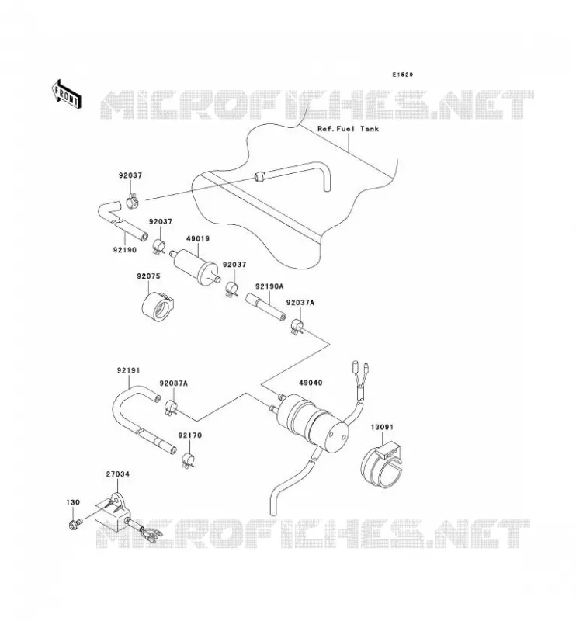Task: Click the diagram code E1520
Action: tap(402, 75)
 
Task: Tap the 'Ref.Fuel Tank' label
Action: tap(348, 129)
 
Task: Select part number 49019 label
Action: tap(198, 239)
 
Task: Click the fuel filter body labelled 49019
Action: tap(195, 265)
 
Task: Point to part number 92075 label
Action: tap(148, 276)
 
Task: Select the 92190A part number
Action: tap(269, 286)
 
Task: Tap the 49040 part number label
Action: tap(311, 383)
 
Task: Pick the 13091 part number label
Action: tap(382, 427)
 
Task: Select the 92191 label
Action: tap(128, 370)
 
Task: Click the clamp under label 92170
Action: tap(187, 460)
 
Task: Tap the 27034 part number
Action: tap(118, 474)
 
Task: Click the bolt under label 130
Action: tap(75, 523)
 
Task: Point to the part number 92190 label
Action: tap(125, 250)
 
